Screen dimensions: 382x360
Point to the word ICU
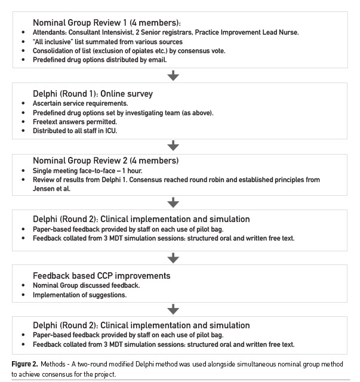112,131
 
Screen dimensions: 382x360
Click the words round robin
224,180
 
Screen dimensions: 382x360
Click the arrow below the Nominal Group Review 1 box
174,75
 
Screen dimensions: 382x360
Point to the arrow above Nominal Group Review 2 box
174,145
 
